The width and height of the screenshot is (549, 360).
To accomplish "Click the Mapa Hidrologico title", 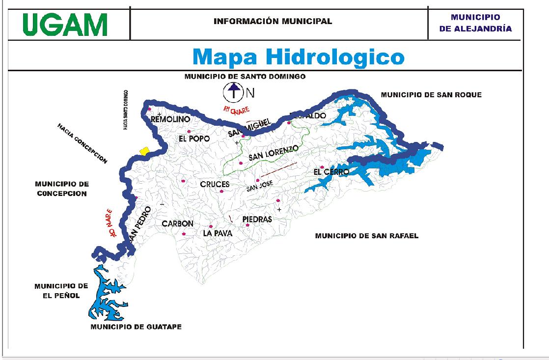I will tap(298, 56).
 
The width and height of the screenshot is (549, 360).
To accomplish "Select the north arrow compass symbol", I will tap(234, 91).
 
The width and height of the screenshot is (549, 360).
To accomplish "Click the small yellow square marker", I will tap(143, 151).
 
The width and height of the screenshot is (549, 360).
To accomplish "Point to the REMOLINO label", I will tap(169, 119).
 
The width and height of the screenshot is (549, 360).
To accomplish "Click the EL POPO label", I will tap(194, 138).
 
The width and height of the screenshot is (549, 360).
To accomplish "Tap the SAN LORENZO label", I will tap(273, 153).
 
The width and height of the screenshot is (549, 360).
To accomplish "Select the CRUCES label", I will tap(215, 184).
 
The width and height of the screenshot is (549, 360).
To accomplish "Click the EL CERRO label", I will tap(331, 172).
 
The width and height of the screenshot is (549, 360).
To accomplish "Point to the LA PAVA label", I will tap(218, 234).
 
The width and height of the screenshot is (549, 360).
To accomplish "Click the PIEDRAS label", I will tap(257, 220).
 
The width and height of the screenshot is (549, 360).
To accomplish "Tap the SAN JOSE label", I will tap(259, 186).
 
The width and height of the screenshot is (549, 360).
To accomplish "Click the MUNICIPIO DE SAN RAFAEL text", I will tap(366, 236).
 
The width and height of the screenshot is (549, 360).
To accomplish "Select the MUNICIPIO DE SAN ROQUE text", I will tap(431, 94).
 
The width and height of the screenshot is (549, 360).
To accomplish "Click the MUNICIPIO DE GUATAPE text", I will tap(136, 327).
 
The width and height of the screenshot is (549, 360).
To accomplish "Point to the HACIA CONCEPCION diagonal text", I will tap(82, 144).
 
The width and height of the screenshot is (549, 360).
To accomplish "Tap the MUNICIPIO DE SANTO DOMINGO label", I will tap(245, 77).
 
